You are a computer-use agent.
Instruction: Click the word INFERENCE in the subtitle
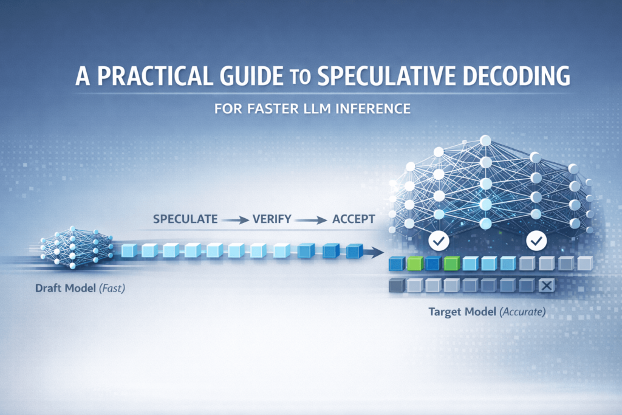(375, 109)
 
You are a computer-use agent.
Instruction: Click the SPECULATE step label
(185, 219)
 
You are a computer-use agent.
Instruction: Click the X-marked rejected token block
(546, 285)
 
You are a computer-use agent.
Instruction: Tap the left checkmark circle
(438, 241)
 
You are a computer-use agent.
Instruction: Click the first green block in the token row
(414, 263)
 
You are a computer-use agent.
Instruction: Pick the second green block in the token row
(451, 263)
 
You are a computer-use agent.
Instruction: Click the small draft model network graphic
(72, 248)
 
